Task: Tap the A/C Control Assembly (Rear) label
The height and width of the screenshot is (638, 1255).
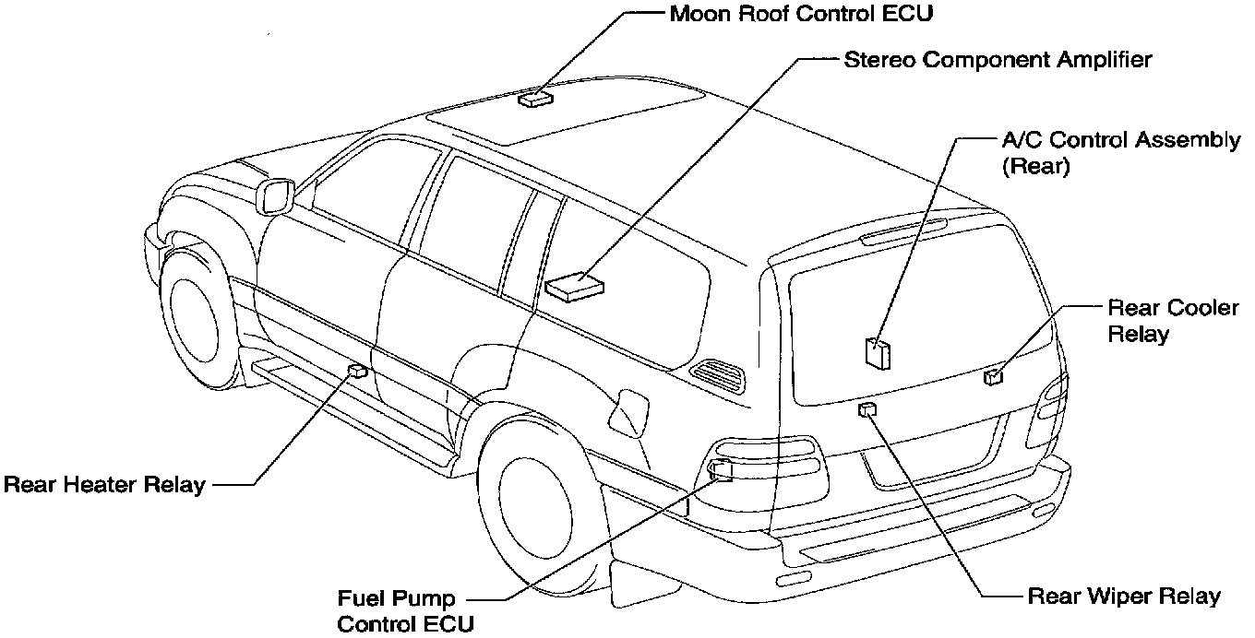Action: (1121, 153)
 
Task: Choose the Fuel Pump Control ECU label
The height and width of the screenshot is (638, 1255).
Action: (405, 611)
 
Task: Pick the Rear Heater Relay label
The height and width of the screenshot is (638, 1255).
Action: (104, 484)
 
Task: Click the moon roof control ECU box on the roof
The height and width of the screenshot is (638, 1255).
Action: (534, 98)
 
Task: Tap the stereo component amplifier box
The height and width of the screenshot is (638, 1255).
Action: (574, 285)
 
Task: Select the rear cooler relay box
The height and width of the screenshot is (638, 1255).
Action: (993, 376)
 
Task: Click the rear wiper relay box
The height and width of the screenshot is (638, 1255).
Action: (867, 409)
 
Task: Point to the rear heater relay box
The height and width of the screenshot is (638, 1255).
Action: (357, 372)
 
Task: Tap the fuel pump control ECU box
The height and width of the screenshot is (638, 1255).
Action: (720, 471)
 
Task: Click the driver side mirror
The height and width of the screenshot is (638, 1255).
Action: (277, 195)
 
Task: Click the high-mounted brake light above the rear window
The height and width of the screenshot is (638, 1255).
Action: (903, 230)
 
